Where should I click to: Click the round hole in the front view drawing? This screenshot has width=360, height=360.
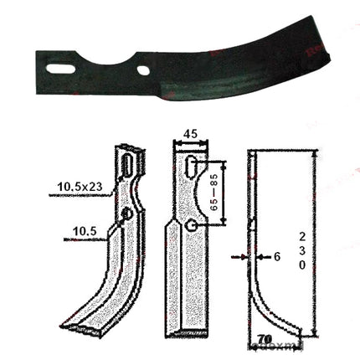[192, 225]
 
